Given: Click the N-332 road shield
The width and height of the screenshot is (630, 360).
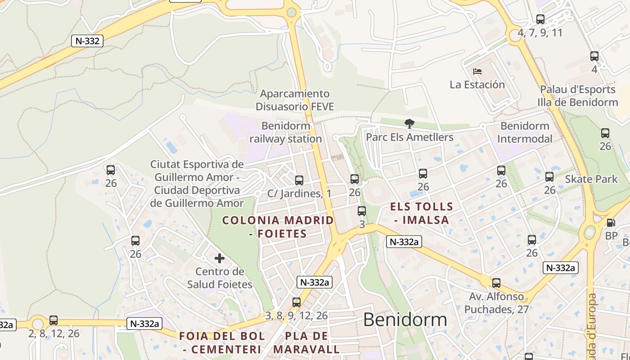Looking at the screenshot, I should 87,41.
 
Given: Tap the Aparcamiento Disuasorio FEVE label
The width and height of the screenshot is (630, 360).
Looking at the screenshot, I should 295,100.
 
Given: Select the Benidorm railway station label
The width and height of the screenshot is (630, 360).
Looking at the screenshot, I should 286,132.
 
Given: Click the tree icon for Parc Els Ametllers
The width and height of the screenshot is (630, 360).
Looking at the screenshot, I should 409,123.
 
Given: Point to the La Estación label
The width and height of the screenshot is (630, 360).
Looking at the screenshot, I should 477,85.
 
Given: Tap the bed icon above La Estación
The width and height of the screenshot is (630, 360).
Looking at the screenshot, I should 477,71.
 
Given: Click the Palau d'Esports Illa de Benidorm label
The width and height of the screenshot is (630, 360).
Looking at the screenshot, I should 578,96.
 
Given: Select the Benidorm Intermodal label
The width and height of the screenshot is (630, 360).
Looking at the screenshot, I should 525,132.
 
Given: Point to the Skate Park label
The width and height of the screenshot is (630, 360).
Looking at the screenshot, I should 591,179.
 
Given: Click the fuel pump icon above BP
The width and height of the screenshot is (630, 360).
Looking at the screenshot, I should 611,222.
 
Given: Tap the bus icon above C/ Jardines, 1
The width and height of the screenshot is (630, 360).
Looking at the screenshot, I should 299,180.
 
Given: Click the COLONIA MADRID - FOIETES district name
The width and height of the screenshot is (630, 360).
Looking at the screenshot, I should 278,227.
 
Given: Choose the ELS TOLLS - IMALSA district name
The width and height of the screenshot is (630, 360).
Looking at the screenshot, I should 422,213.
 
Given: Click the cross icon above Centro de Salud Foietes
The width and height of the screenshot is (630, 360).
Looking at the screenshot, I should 220,258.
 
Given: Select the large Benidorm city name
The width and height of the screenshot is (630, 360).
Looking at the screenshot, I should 405,319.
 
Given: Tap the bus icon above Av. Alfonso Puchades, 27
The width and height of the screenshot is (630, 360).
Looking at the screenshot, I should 496,283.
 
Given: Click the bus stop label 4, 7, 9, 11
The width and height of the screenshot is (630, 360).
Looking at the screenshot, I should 540,33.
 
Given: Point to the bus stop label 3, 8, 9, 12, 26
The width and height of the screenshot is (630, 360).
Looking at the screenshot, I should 296,315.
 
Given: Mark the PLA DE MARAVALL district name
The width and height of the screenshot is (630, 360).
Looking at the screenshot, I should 306,342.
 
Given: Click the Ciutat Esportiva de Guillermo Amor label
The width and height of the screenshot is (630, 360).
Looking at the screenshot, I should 197,183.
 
